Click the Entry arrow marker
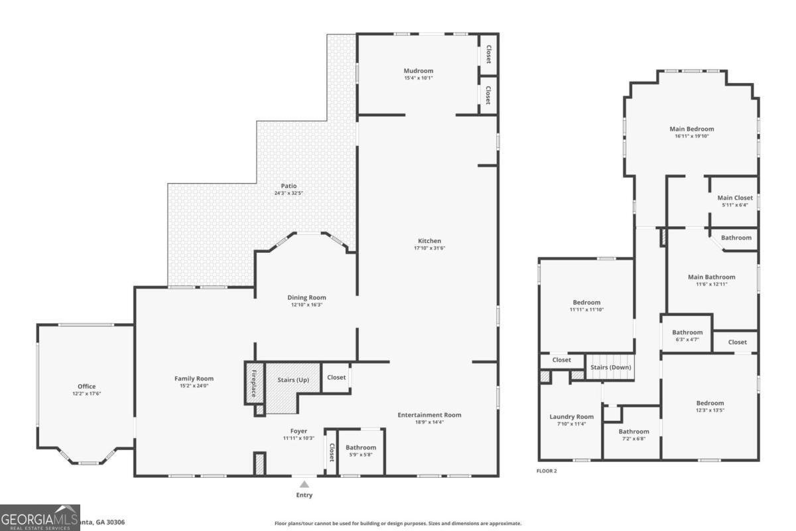click(x=304, y=485)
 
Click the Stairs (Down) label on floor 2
click(x=610, y=367)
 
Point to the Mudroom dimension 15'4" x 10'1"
click(x=419, y=78)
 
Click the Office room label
click(x=86, y=386)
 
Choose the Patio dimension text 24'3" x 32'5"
click(x=289, y=193)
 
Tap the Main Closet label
click(x=735, y=198)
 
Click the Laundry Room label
click(x=567, y=417)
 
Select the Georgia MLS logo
click(x=40, y=517)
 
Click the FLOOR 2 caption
click(x=547, y=471)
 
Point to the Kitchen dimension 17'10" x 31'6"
click(x=429, y=248)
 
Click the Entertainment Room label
click(x=429, y=415)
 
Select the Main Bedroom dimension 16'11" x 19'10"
click(x=692, y=136)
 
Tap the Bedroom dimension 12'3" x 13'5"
click(x=710, y=410)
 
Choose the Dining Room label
click(x=306, y=297)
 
